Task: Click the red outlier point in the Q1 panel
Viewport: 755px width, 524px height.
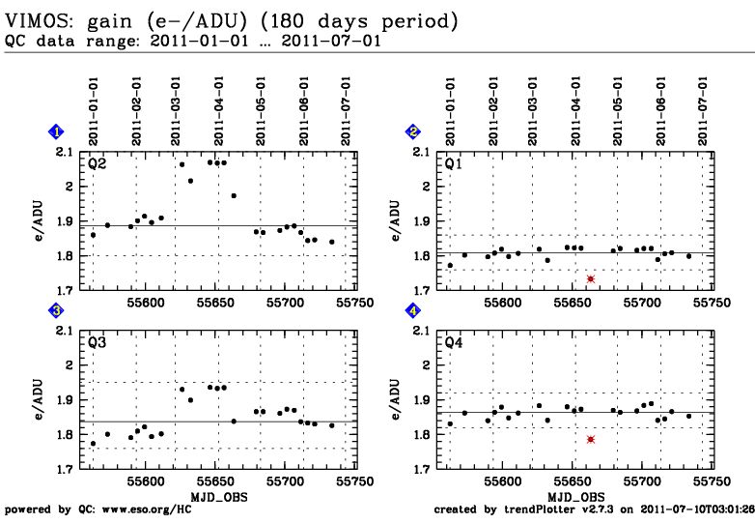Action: (591, 278)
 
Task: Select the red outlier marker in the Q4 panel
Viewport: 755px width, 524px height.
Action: (591, 439)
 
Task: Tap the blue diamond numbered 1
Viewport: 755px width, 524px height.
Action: (57, 131)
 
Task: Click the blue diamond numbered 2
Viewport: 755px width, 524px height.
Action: (413, 131)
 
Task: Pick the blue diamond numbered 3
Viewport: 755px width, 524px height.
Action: (57, 310)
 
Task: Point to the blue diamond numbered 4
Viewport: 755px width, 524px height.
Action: (413, 310)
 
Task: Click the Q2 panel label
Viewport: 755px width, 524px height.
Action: (97, 164)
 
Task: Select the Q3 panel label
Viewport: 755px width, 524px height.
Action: (97, 343)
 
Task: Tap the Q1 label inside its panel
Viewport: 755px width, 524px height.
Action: (453, 164)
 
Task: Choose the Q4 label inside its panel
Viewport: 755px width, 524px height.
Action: (453, 343)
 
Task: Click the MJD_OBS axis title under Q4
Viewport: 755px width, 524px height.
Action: (574, 494)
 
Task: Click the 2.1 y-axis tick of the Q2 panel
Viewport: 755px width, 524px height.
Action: (65, 152)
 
